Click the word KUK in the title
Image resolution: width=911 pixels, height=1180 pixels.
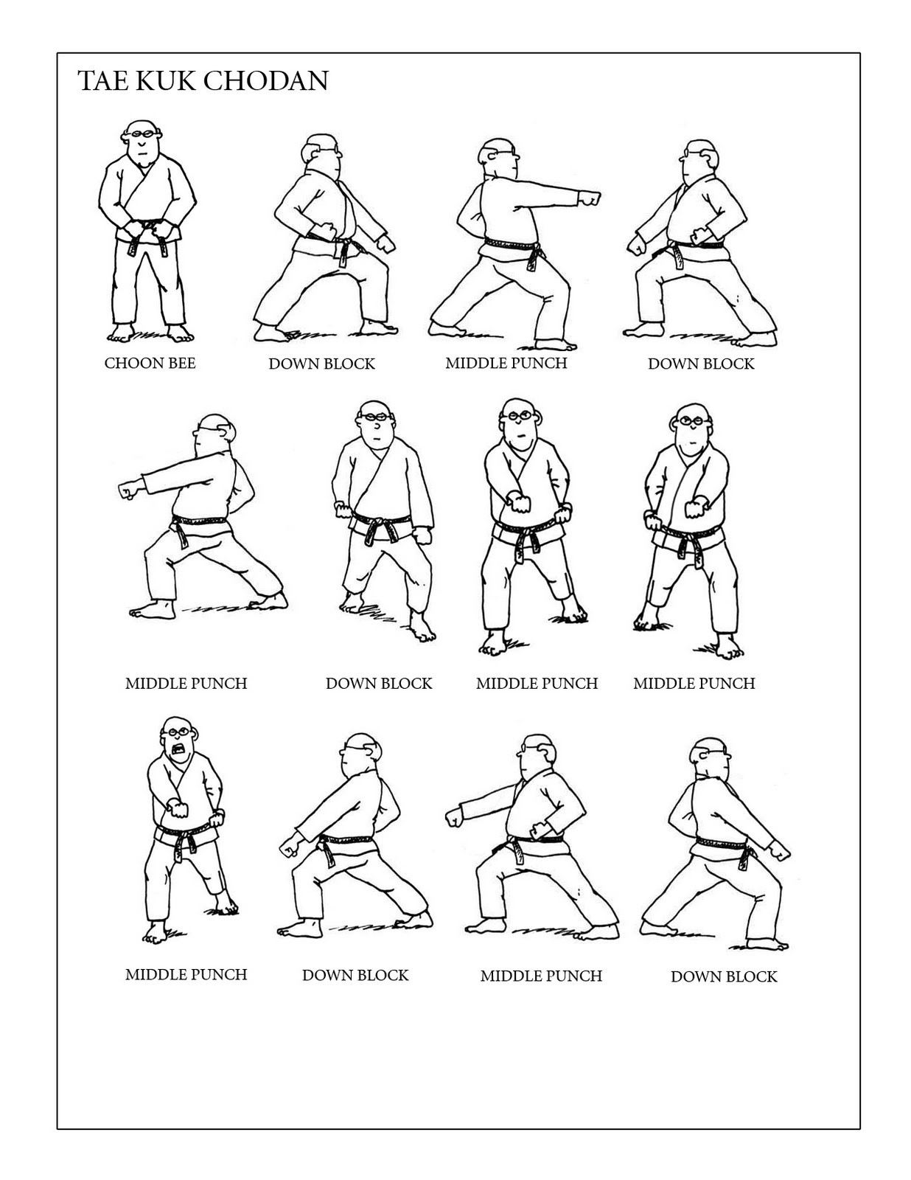pyautogui.click(x=171, y=80)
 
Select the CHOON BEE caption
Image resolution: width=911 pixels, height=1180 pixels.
pyautogui.click(x=150, y=363)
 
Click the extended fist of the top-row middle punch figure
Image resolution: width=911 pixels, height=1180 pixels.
pyautogui.click(x=590, y=198)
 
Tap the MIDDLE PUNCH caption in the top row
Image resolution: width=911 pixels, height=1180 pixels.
pyautogui.click(x=506, y=363)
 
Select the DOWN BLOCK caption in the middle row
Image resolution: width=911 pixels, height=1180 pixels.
pyautogui.click(x=379, y=684)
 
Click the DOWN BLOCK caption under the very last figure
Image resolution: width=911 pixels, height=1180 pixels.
pyautogui.click(x=724, y=976)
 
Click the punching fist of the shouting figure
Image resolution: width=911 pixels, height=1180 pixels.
pyautogui.click(x=179, y=809)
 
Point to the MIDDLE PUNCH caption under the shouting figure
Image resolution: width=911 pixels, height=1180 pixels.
pyautogui.click(x=186, y=974)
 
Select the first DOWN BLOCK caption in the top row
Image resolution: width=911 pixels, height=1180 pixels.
pyautogui.click(x=321, y=364)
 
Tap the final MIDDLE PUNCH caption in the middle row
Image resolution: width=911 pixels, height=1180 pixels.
pyautogui.click(x=694, y=684)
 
